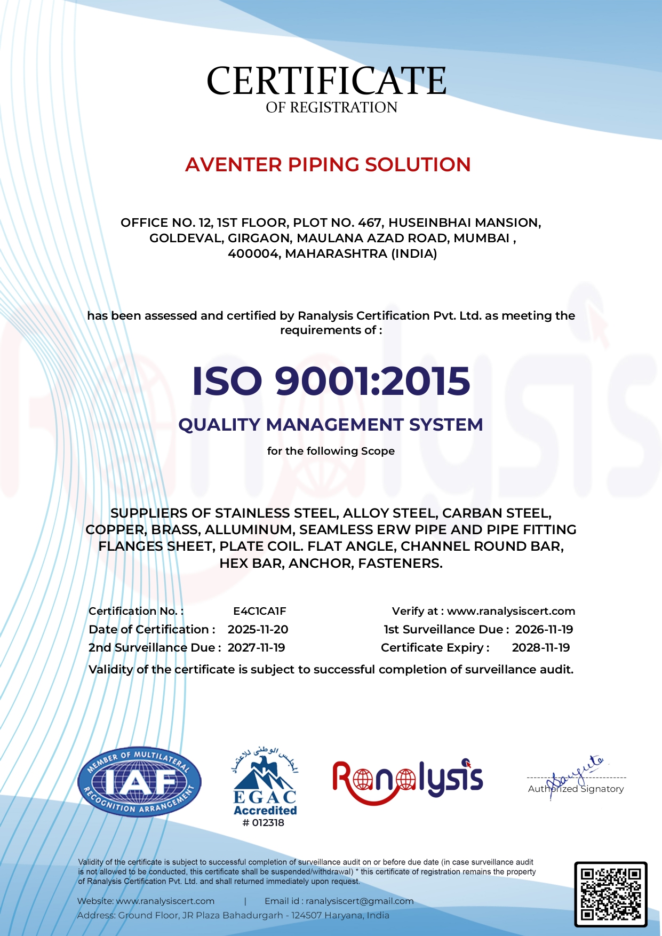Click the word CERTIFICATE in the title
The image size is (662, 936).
[x=326, y=81]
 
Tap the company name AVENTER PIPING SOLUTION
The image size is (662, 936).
[x=328, y=164]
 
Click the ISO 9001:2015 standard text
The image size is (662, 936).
[x=331, y=381]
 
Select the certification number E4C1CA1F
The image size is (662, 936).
[x=260, y=611]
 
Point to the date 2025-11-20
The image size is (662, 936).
[x=258, y=630]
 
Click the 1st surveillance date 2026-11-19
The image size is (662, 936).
[x=544, y=630]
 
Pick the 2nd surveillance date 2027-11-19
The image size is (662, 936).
[x=256, y=648]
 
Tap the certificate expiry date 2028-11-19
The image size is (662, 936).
[x=541, y=648]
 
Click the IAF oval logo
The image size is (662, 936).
[x=139, y=782]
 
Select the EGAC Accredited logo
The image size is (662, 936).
[x=265, y=782]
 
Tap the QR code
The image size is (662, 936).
[x=610, y=894]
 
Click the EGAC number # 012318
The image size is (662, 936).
[x=264, y=823]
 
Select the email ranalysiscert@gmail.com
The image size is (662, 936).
[x=360, y=901]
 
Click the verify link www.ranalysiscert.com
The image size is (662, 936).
[x=511, y=611]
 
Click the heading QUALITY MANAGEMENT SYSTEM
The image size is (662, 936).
[x=331, y=425]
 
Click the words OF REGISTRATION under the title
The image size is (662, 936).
[x=331, y=108]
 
